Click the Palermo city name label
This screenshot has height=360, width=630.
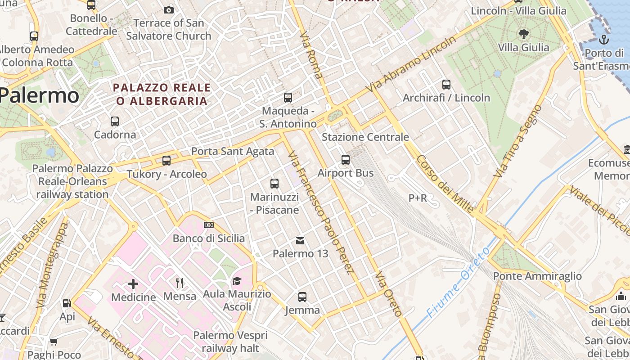40,95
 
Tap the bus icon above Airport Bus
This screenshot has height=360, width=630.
346,159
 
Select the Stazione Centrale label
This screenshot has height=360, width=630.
365,137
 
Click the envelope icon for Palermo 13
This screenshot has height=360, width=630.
300,241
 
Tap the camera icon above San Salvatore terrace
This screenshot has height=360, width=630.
168,10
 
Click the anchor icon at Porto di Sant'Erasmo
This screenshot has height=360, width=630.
603,40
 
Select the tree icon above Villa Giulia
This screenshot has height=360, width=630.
523,34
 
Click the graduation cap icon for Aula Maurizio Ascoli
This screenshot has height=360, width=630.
237,281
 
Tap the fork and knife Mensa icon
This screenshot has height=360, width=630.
180,283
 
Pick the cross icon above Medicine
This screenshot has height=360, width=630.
133,284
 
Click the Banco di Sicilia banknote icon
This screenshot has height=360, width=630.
208,225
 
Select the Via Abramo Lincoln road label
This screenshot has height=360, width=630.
411,64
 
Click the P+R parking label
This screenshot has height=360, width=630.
418,198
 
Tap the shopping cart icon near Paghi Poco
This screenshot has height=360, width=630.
54,342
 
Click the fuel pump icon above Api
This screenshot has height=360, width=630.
67,303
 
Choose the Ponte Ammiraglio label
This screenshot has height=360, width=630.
537,276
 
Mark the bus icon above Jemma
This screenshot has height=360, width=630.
302,297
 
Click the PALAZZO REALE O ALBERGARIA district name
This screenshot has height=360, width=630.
162,94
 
